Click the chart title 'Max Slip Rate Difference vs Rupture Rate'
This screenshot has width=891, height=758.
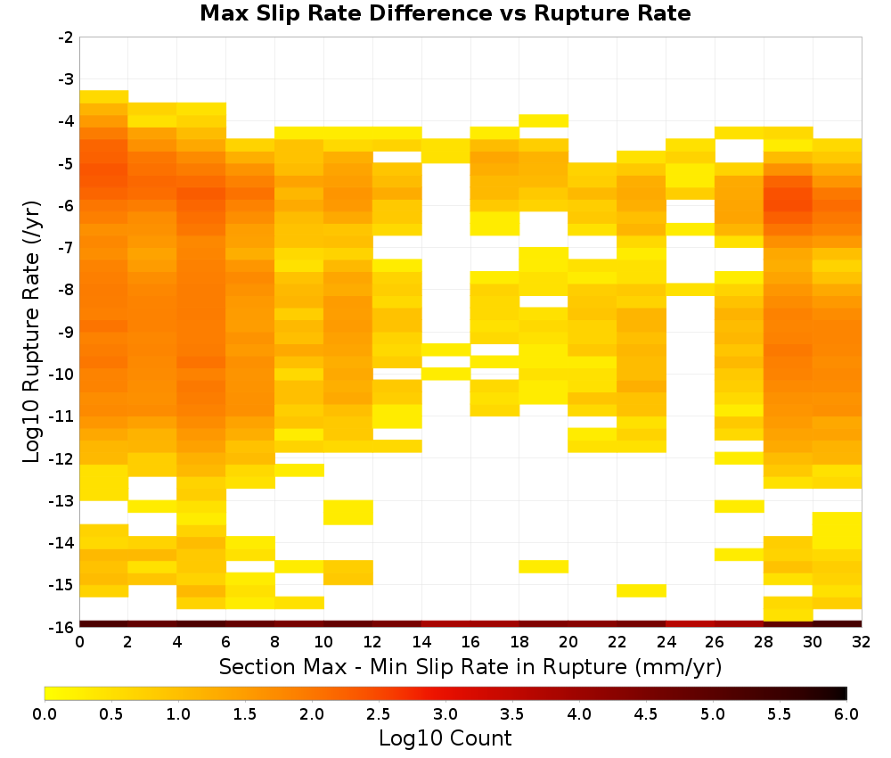[x=445, y=12]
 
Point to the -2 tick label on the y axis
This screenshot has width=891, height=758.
[x=66, y=37]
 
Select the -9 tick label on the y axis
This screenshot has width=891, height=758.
[x=66, y=332]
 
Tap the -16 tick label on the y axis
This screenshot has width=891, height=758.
[x=62, y=627]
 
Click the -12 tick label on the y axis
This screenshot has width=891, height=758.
[x=62, y=458]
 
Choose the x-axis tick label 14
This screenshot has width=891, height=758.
[x=421, y=642]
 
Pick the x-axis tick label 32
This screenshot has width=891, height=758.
[x=862, y=642]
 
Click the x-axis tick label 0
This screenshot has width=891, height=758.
[x=79, y=642]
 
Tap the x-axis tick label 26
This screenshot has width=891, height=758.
[x=715, y=642]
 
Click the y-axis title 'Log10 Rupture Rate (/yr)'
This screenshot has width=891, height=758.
[x=32, y=332]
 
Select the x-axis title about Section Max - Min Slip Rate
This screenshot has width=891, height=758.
[x=470, y=667]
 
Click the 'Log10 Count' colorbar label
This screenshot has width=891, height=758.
[x=445, y=738]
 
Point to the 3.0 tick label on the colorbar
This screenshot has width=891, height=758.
[x=445, y=713]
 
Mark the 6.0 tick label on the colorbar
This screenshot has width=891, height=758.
[x=846, y=713]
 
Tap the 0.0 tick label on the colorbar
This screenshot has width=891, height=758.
[x=45, y=713]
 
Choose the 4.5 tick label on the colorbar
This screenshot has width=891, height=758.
[x=645, y=713]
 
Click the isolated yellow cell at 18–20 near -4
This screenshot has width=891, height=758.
[x=544, y=120]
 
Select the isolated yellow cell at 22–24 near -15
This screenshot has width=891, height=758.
[x=642, y=591]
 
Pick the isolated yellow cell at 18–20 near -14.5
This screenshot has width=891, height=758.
[x=544, y=566]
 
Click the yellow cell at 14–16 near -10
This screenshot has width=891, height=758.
[x=446, y=374]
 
